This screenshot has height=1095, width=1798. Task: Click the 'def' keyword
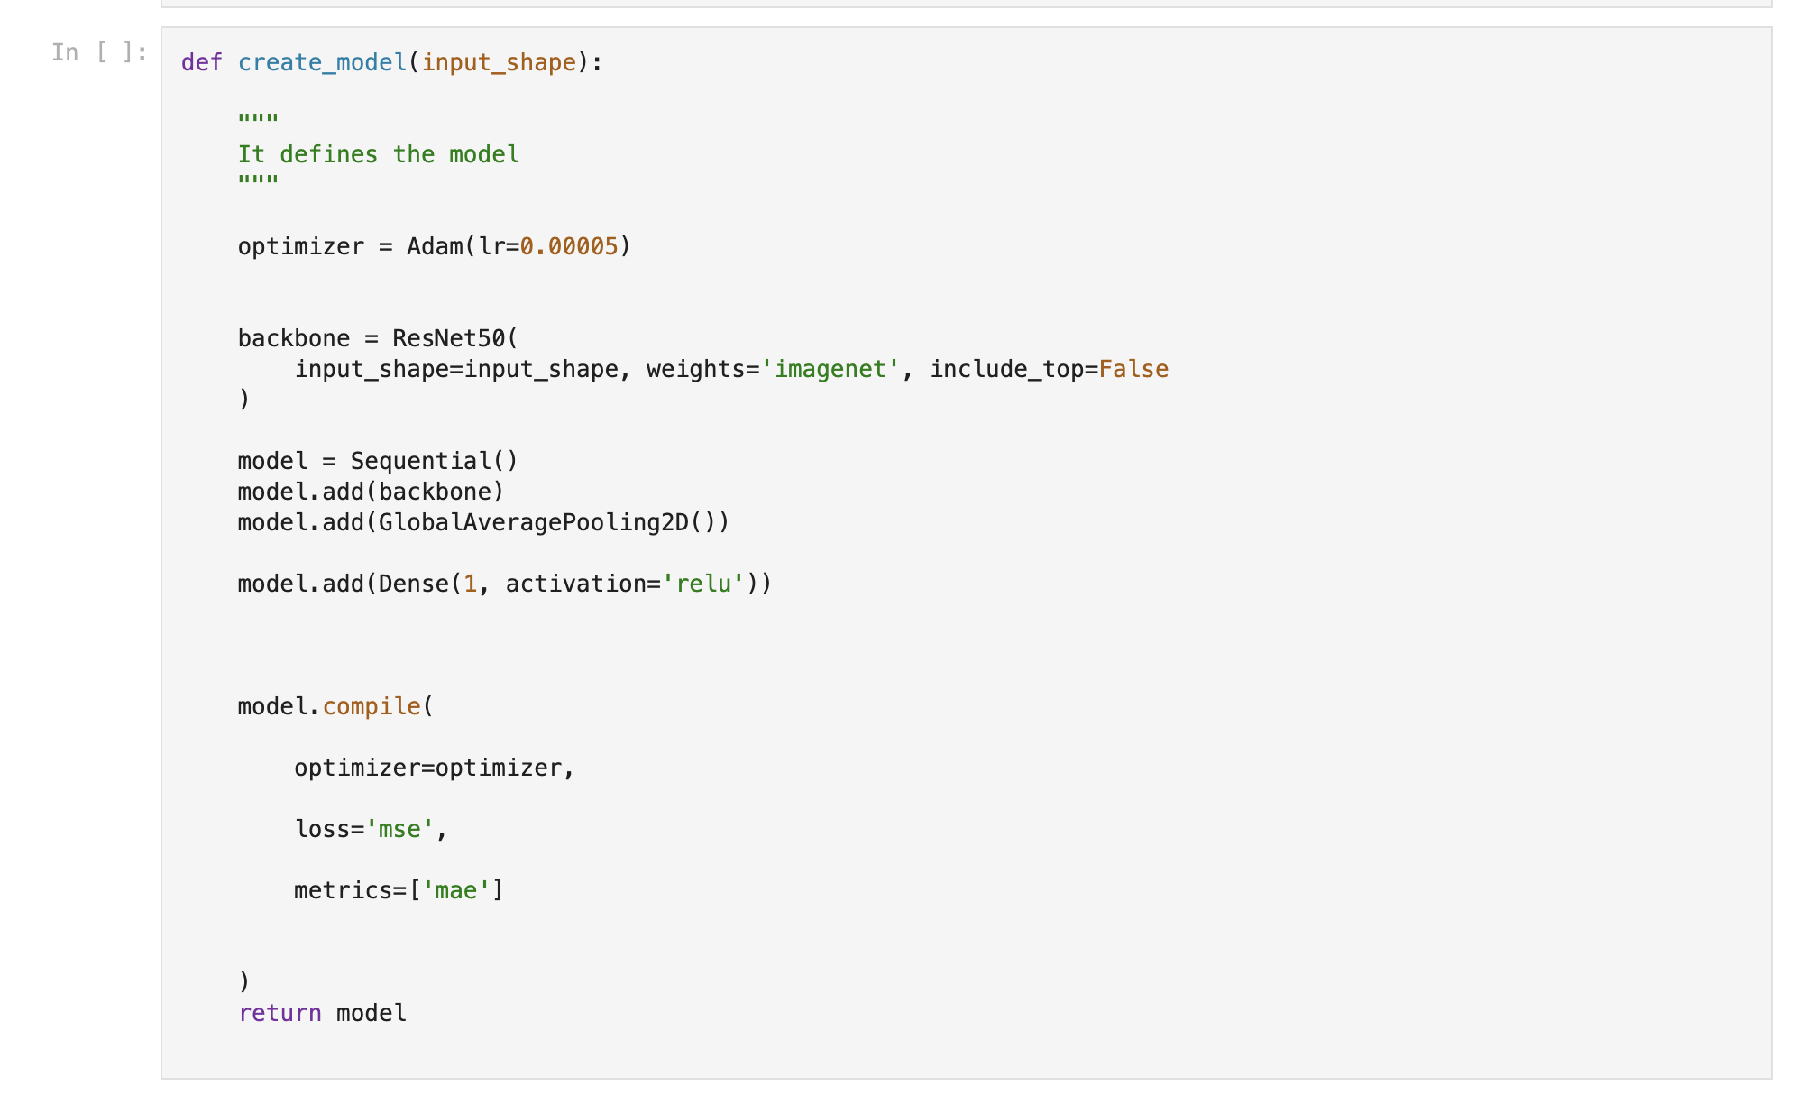(x=201, y=62)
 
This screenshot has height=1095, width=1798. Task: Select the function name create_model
(x=322, y=63)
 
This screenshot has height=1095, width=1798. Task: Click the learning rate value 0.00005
(x=569, y=246)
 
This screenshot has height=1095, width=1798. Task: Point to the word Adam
(x=435, y=246)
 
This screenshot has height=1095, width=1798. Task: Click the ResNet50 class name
(x=448, y=338)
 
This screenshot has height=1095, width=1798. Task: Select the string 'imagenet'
(x=830, y=369)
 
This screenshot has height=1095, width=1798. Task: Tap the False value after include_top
(x=1133, y=369)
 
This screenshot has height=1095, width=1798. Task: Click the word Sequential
(x=420, y=461)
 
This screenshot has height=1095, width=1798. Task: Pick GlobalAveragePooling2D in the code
(x=533, y=522)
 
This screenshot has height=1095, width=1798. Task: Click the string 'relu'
(x=702, y=584)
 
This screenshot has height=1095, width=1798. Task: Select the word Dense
(x=413, y=584)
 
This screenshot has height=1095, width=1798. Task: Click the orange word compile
(x=372, y=707)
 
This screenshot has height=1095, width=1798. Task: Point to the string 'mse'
(x=399, y=829)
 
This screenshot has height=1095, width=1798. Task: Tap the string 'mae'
(x=455, y=890)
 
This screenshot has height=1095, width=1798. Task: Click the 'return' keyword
(x=280, y=1013)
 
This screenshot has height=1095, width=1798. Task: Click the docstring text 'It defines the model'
(x=379, y=154)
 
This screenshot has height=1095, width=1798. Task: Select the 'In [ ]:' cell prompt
(x=99, y=52)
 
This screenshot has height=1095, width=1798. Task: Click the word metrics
(x=343, y=890)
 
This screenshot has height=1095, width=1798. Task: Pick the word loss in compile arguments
(x=322, y=829)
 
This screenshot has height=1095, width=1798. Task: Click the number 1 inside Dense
(x=470, y=584)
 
